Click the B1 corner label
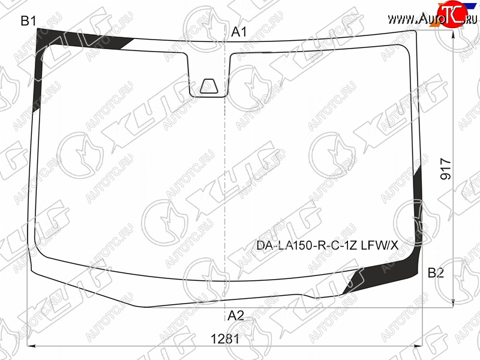(28, 21)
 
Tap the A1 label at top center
(239, 32)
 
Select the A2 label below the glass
(236, 316)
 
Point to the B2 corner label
(436, 272)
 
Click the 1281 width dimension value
(225, 339)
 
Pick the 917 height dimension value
(446, 169)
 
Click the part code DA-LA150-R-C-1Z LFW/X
(327, 245)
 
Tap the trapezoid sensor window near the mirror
(209, 86)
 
